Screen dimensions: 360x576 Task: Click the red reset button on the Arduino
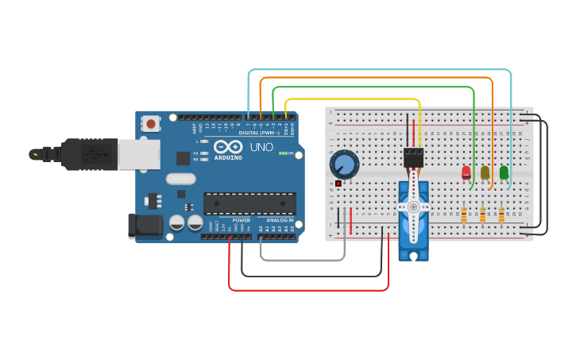pos(150,123)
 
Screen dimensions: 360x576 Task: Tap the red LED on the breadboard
pos(466,172)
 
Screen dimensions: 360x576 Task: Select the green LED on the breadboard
pos(504,172)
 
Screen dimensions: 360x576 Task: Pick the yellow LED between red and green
pos(485,172)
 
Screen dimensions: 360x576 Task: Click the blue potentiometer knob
pos(344,165)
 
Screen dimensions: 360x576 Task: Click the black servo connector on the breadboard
pos(413,157)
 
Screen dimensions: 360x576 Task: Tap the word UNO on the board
pos(261,147)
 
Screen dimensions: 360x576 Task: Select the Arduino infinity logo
pos(226,146)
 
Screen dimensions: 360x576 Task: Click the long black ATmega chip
pos(249,203)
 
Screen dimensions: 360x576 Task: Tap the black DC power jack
pos(145,226)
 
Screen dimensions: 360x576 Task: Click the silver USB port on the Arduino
pos(138,154)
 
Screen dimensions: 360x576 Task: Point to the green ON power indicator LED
pos(281,153)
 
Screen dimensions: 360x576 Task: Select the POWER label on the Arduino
pos(242,220)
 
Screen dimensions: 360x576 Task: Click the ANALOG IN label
pos(279,220)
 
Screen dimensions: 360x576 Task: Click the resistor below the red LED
pos(463,215)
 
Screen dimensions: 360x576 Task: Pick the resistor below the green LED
pos(501,215)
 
